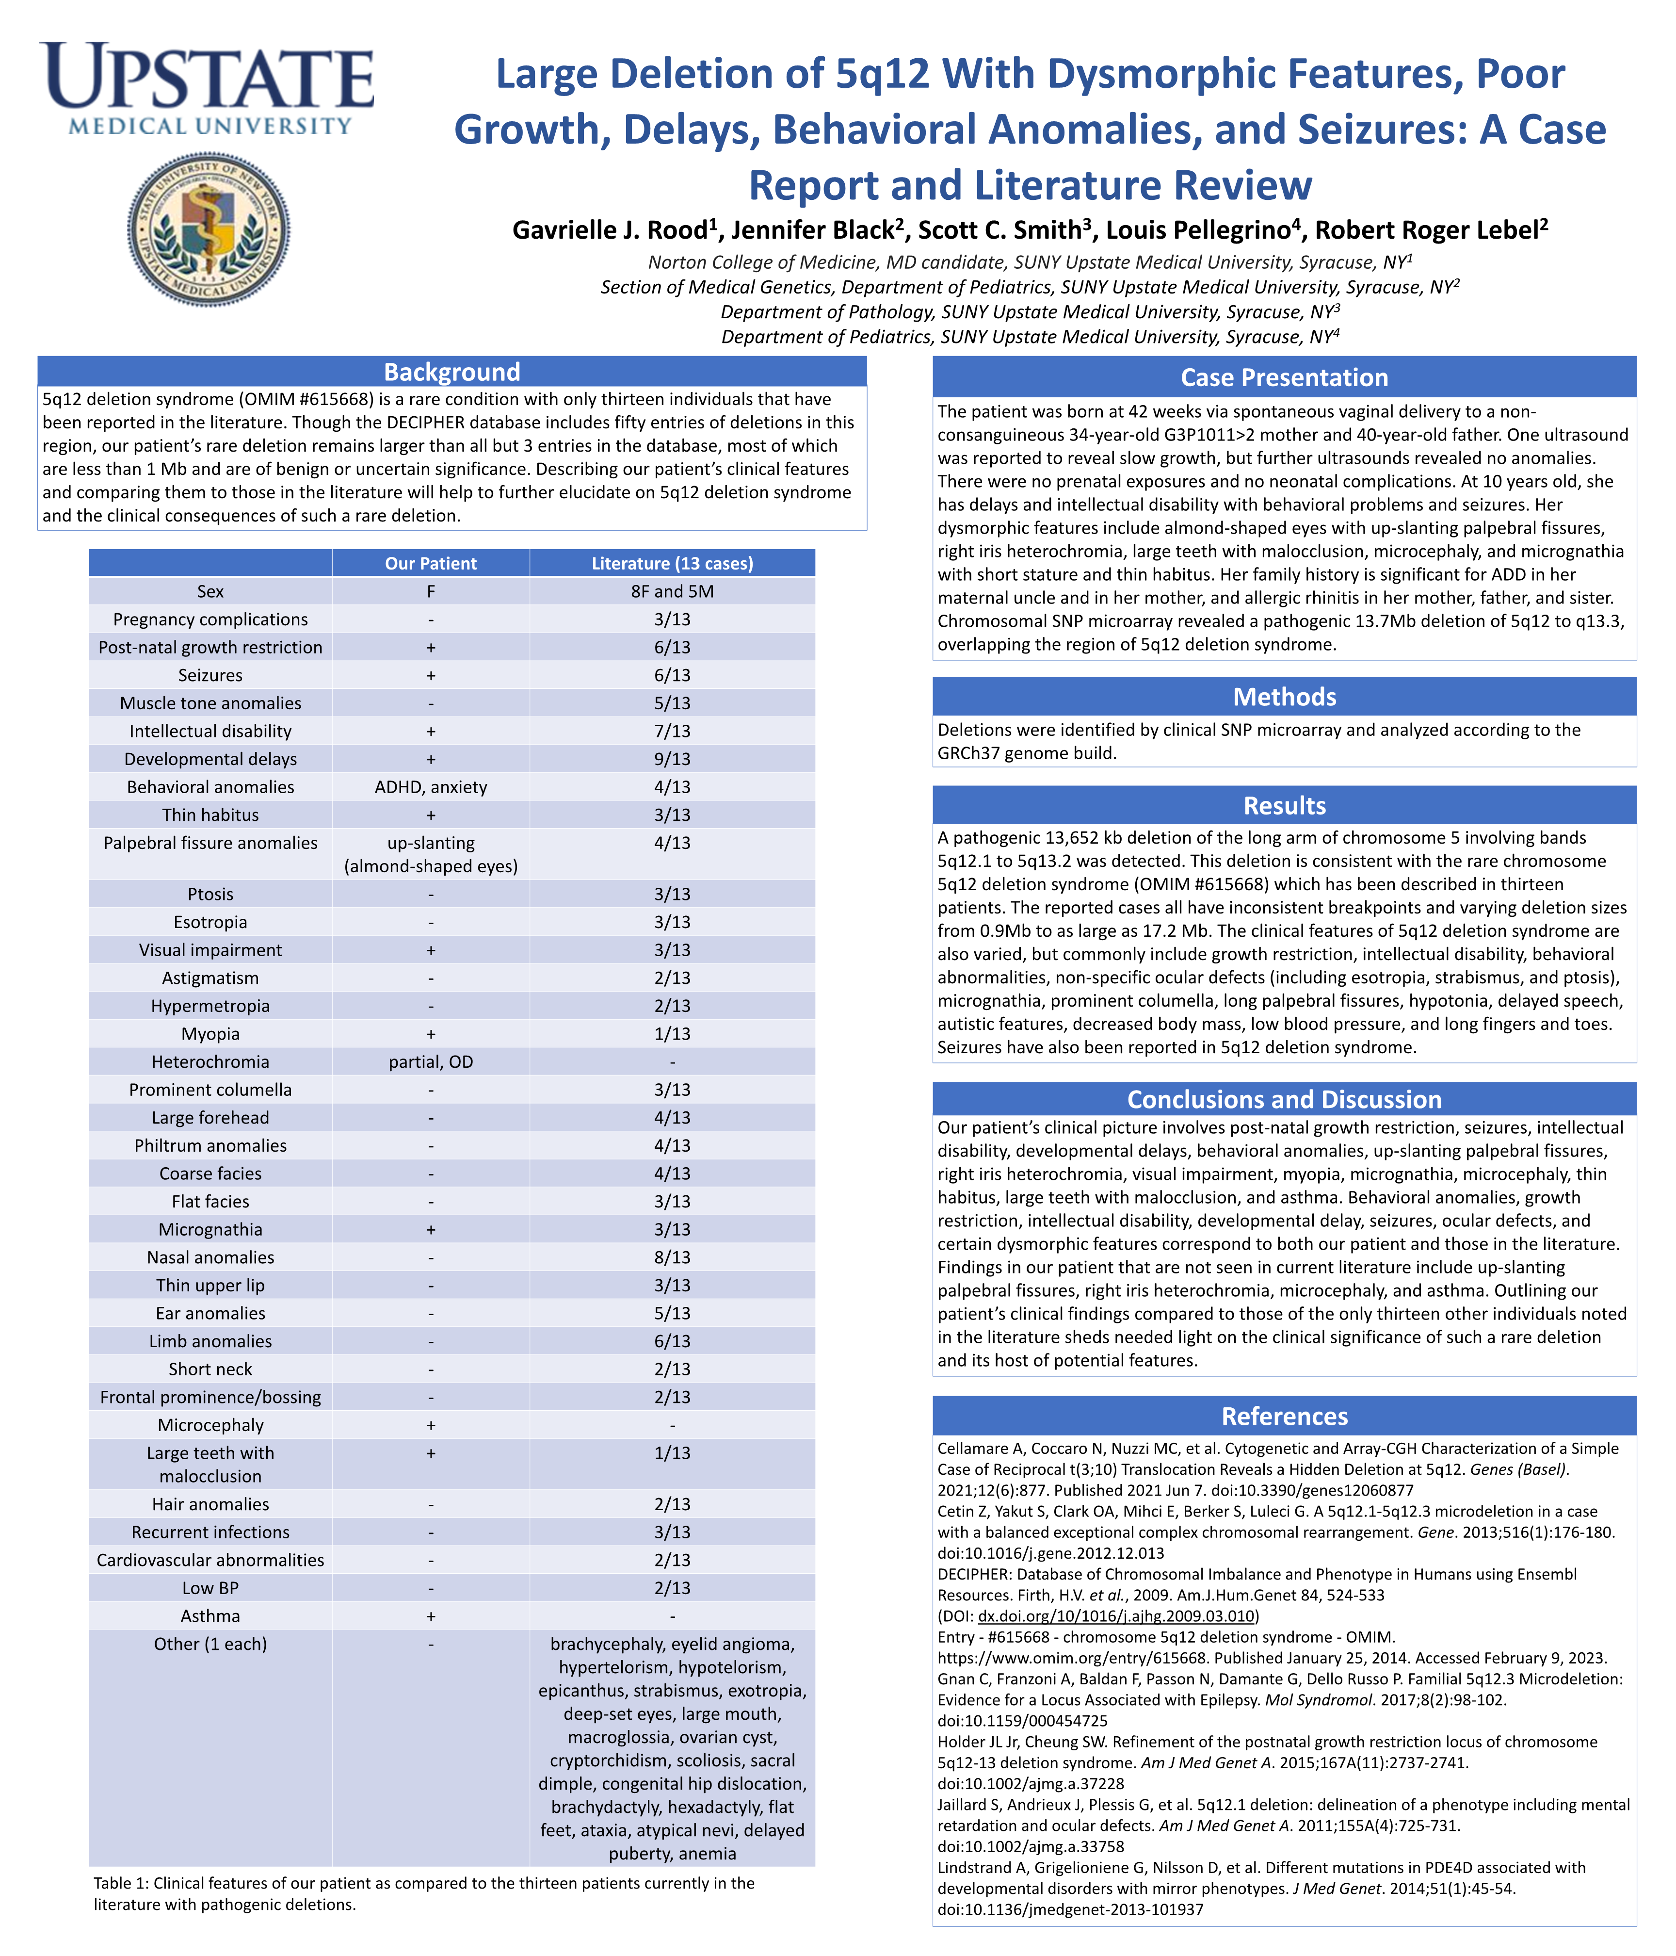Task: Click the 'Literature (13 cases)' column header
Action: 672,564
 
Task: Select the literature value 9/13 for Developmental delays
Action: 672,759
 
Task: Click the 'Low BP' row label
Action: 210,1588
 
